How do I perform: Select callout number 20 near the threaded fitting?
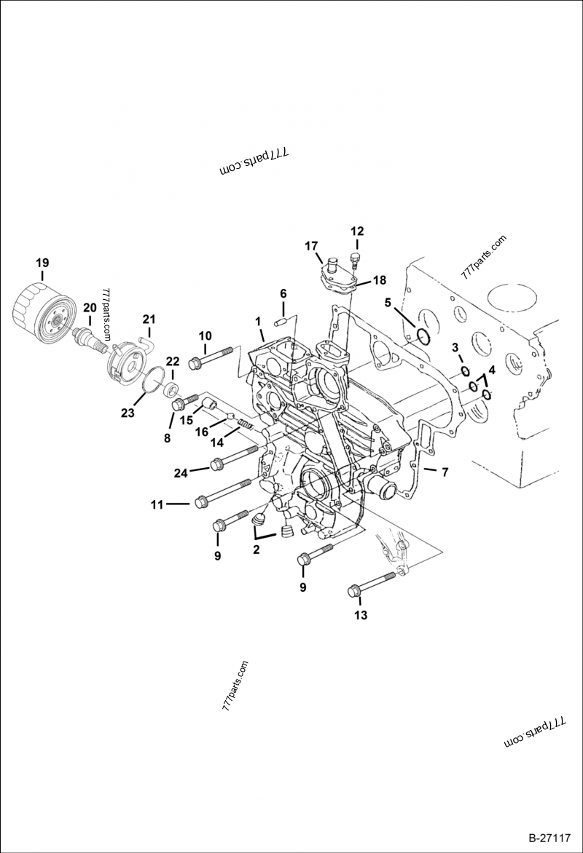(x=89, y=307)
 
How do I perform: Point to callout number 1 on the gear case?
(x=257, y=321)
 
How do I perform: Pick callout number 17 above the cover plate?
(x=311, y=245)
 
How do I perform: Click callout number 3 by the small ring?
(x=454, y=346)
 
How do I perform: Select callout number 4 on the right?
(x=491, y=370)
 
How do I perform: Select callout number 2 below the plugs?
(x=256, y=550)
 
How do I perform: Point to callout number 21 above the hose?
(x=149, y=319)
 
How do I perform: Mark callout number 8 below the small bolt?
(x=167, y=438)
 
